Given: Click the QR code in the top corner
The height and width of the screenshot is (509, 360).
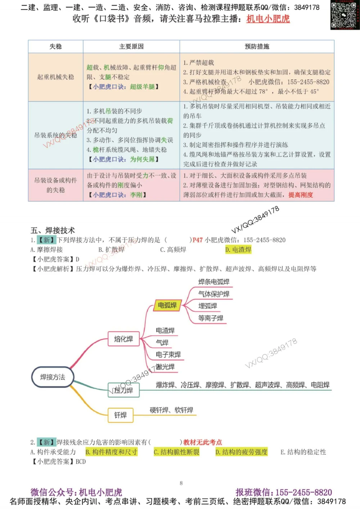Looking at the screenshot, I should [x=345, y=15].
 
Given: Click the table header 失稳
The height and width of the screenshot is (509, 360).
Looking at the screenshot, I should [x=55, y=46].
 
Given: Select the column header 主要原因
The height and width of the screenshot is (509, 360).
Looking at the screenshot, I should [x=131, y=46].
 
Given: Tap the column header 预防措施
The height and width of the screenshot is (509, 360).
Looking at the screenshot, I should [x=257, y=46].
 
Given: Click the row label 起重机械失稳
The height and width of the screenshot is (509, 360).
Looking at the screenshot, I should [x=55, y=77].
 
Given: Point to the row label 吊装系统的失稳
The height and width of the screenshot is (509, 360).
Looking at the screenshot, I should [x=55, y=135].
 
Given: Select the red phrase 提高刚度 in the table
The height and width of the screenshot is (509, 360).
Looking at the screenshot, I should [x=301, y=195].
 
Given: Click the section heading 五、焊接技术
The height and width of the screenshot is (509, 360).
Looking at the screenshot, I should [x=53, y=230].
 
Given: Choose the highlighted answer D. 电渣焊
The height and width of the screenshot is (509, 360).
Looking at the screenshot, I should [x=238, y=250].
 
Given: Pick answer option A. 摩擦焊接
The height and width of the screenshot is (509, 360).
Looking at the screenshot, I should [x=46, y=250].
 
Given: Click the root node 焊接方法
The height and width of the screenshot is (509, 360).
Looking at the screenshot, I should [x=53, y=377].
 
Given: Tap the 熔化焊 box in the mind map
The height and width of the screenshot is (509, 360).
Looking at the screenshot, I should [x=123, y=339].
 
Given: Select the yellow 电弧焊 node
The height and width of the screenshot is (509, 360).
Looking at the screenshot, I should [x=167, y=305].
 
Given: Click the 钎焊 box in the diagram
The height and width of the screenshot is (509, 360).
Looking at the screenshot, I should [x=121, y=415].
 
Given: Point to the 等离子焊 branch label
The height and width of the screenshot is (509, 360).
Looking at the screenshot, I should [x=211, y=318].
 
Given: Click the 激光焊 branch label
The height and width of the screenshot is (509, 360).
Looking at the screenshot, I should [x=165, y=367].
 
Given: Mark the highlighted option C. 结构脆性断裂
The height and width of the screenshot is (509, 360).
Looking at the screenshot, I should [x=176, y=452].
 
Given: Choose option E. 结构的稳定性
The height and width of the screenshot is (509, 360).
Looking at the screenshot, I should [x=303, y=452].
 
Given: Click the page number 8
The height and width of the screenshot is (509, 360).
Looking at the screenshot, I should [x=181, y=483].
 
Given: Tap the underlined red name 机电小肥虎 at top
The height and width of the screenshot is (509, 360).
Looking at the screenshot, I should [x=268, y=19].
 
